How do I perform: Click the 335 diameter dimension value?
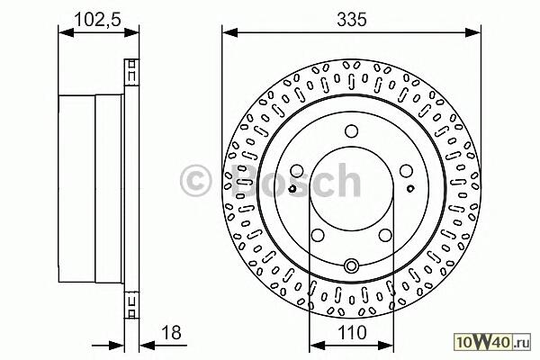(352, 19)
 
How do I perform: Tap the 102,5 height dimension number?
(98, 19)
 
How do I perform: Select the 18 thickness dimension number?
(171, 333)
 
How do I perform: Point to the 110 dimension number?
(352, 333)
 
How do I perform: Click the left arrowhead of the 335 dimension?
(230, 33)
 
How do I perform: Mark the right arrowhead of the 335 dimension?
(472, 33)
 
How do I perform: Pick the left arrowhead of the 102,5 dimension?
(67, 33)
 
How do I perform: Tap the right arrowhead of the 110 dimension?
(386, 345)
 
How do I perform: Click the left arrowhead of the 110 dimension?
(318, 345)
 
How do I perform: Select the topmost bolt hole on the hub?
(351, 131)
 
